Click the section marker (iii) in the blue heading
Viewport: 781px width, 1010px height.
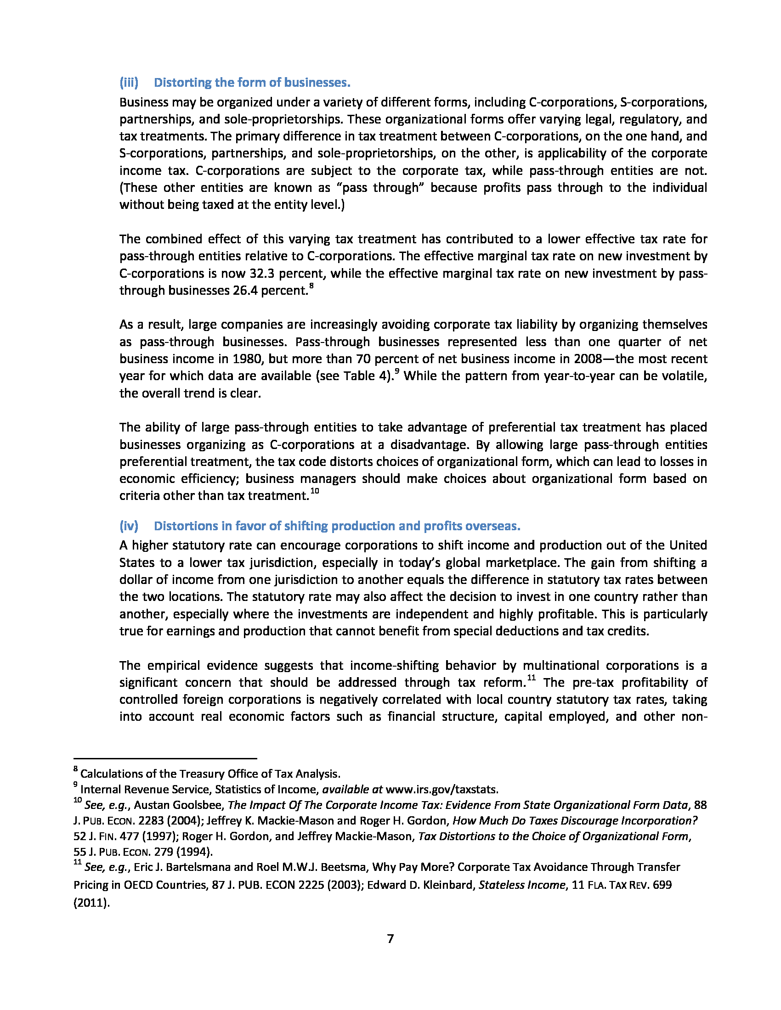129,82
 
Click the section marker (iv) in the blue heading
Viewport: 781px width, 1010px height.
129,526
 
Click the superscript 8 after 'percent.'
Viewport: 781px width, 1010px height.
311,286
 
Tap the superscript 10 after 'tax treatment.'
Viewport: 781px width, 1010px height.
315,491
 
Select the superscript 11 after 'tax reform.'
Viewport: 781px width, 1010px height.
531,678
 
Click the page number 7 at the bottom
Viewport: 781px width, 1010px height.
390,938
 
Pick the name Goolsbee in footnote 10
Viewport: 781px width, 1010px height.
202,805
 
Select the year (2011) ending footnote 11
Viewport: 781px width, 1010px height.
91,902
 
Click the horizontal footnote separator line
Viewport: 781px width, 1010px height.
165,758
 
